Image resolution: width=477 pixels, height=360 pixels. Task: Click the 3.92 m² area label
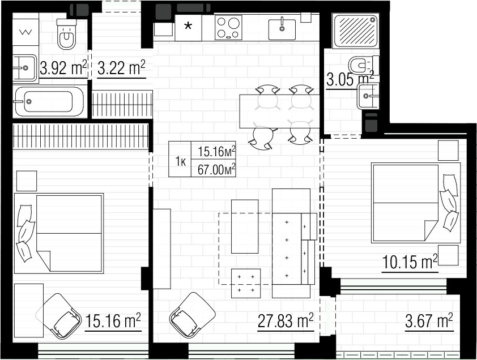pos(63,67)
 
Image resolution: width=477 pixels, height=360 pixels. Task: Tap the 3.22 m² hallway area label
pos(121,67)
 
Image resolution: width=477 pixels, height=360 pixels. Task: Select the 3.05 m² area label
pos(350,79)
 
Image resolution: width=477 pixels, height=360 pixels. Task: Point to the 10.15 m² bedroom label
pos(410,262)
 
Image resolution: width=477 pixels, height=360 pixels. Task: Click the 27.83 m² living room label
pos(286,321)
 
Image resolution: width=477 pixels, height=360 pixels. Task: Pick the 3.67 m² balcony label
pos(429,321)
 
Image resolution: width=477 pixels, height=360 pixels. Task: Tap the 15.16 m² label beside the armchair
pos(113,321)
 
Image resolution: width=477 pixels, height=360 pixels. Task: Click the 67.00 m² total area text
pos(216,170)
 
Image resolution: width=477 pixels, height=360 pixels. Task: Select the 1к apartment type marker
pos(180,162)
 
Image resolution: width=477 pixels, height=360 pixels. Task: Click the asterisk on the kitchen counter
pos(188,26)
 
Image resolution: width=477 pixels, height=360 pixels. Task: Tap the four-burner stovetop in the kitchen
pos(229,27)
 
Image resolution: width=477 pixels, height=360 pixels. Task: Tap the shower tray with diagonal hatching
pos(356,31)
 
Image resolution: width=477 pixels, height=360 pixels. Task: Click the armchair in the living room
pos(192,315)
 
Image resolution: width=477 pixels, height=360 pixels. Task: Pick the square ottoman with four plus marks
pos(246,284)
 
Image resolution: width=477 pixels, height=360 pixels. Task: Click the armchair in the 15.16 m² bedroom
pos(61,316)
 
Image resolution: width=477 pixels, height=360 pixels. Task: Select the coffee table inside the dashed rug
pos(245,226)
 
